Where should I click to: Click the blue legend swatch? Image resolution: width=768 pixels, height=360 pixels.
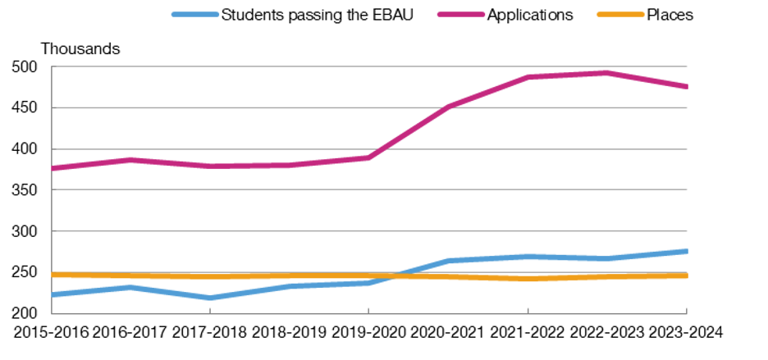pos(195,14)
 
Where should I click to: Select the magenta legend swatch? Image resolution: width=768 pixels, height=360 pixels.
pos(461,14)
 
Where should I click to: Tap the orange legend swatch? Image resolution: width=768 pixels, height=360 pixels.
pos(620,14)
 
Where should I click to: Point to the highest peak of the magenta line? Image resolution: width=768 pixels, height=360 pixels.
pos(607,73)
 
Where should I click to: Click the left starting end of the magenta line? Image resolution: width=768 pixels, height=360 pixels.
pos(53,168)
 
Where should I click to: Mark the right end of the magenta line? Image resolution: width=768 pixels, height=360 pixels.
pos(687,86)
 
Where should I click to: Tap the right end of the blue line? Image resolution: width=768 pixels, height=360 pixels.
pos(687,251)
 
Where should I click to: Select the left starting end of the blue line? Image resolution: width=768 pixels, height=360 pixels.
pos(53,294)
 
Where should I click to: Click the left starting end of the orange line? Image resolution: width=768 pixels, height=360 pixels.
pos(53,275)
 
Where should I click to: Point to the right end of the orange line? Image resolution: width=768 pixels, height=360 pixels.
pos(687,276)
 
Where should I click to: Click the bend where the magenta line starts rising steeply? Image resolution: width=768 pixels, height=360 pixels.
pos(368,157)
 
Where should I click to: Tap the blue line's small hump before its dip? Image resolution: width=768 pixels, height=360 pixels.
pos(129,287)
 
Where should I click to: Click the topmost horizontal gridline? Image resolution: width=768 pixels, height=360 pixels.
pos(369,66)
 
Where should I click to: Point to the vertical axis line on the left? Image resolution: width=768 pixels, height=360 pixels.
pos(51,189)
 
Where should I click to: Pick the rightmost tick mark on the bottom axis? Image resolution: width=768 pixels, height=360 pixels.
pos(687,310)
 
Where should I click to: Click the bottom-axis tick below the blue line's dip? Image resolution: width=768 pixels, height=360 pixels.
pos(210,310)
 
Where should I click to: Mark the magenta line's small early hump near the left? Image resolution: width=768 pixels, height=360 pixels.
pos(130,160)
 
